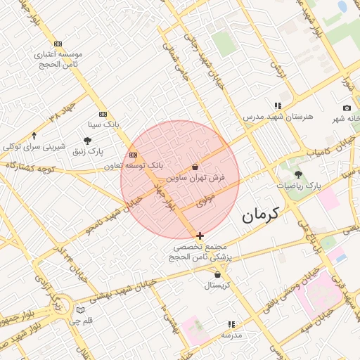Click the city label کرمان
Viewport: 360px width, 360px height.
point(260,215)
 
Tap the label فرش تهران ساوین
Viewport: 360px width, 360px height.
point(199,179)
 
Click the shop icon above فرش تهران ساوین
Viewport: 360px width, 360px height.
point(195,167)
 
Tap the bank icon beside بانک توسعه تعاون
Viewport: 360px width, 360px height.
point(134,155)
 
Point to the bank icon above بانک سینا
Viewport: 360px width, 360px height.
point(103,114)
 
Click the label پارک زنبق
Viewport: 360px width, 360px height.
point(91,151)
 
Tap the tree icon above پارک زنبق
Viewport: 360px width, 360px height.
point(87,141)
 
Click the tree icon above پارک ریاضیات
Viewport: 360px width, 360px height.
point(298,174)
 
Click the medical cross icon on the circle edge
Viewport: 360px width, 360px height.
point(200,236)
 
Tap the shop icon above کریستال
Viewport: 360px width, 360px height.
point(217,274)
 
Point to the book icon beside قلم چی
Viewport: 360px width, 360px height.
point(80,310)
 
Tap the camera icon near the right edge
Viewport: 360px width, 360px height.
point(347,108)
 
